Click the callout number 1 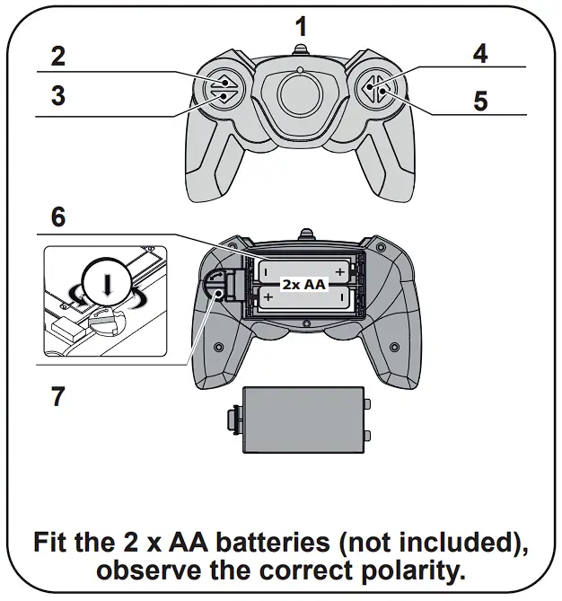[301, 26]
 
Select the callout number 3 [57, 95]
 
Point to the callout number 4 [480, 53]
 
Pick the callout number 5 [480, 100]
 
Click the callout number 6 [57, 217]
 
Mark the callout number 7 [57, 395]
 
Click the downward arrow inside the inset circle [108, 285]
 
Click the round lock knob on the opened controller [215, 287]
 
